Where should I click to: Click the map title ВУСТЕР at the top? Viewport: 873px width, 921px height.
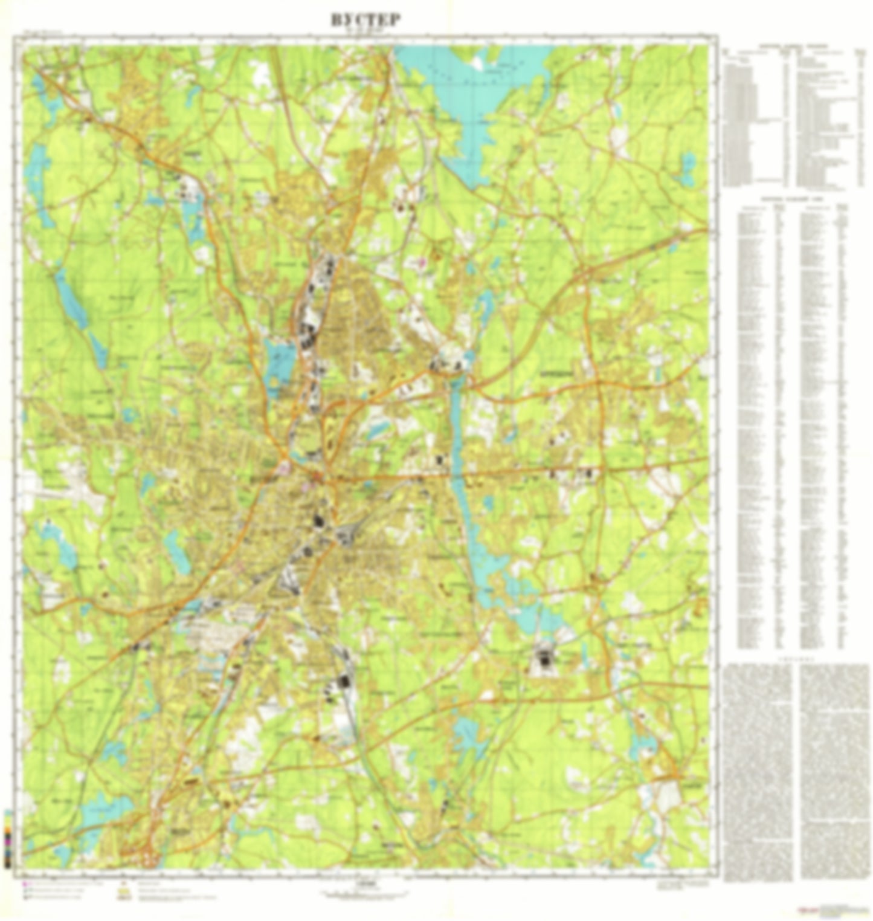click(x=365, y=19)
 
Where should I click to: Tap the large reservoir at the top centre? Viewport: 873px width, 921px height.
click(x=477, y=91)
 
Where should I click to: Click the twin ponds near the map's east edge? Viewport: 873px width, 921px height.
click(x=688, y=169)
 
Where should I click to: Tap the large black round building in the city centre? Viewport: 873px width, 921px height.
click(x=318, y=520)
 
